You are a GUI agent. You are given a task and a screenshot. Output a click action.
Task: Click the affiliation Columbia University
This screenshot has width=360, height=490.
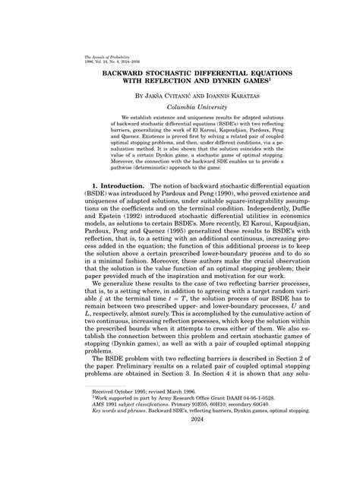[180, 109]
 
